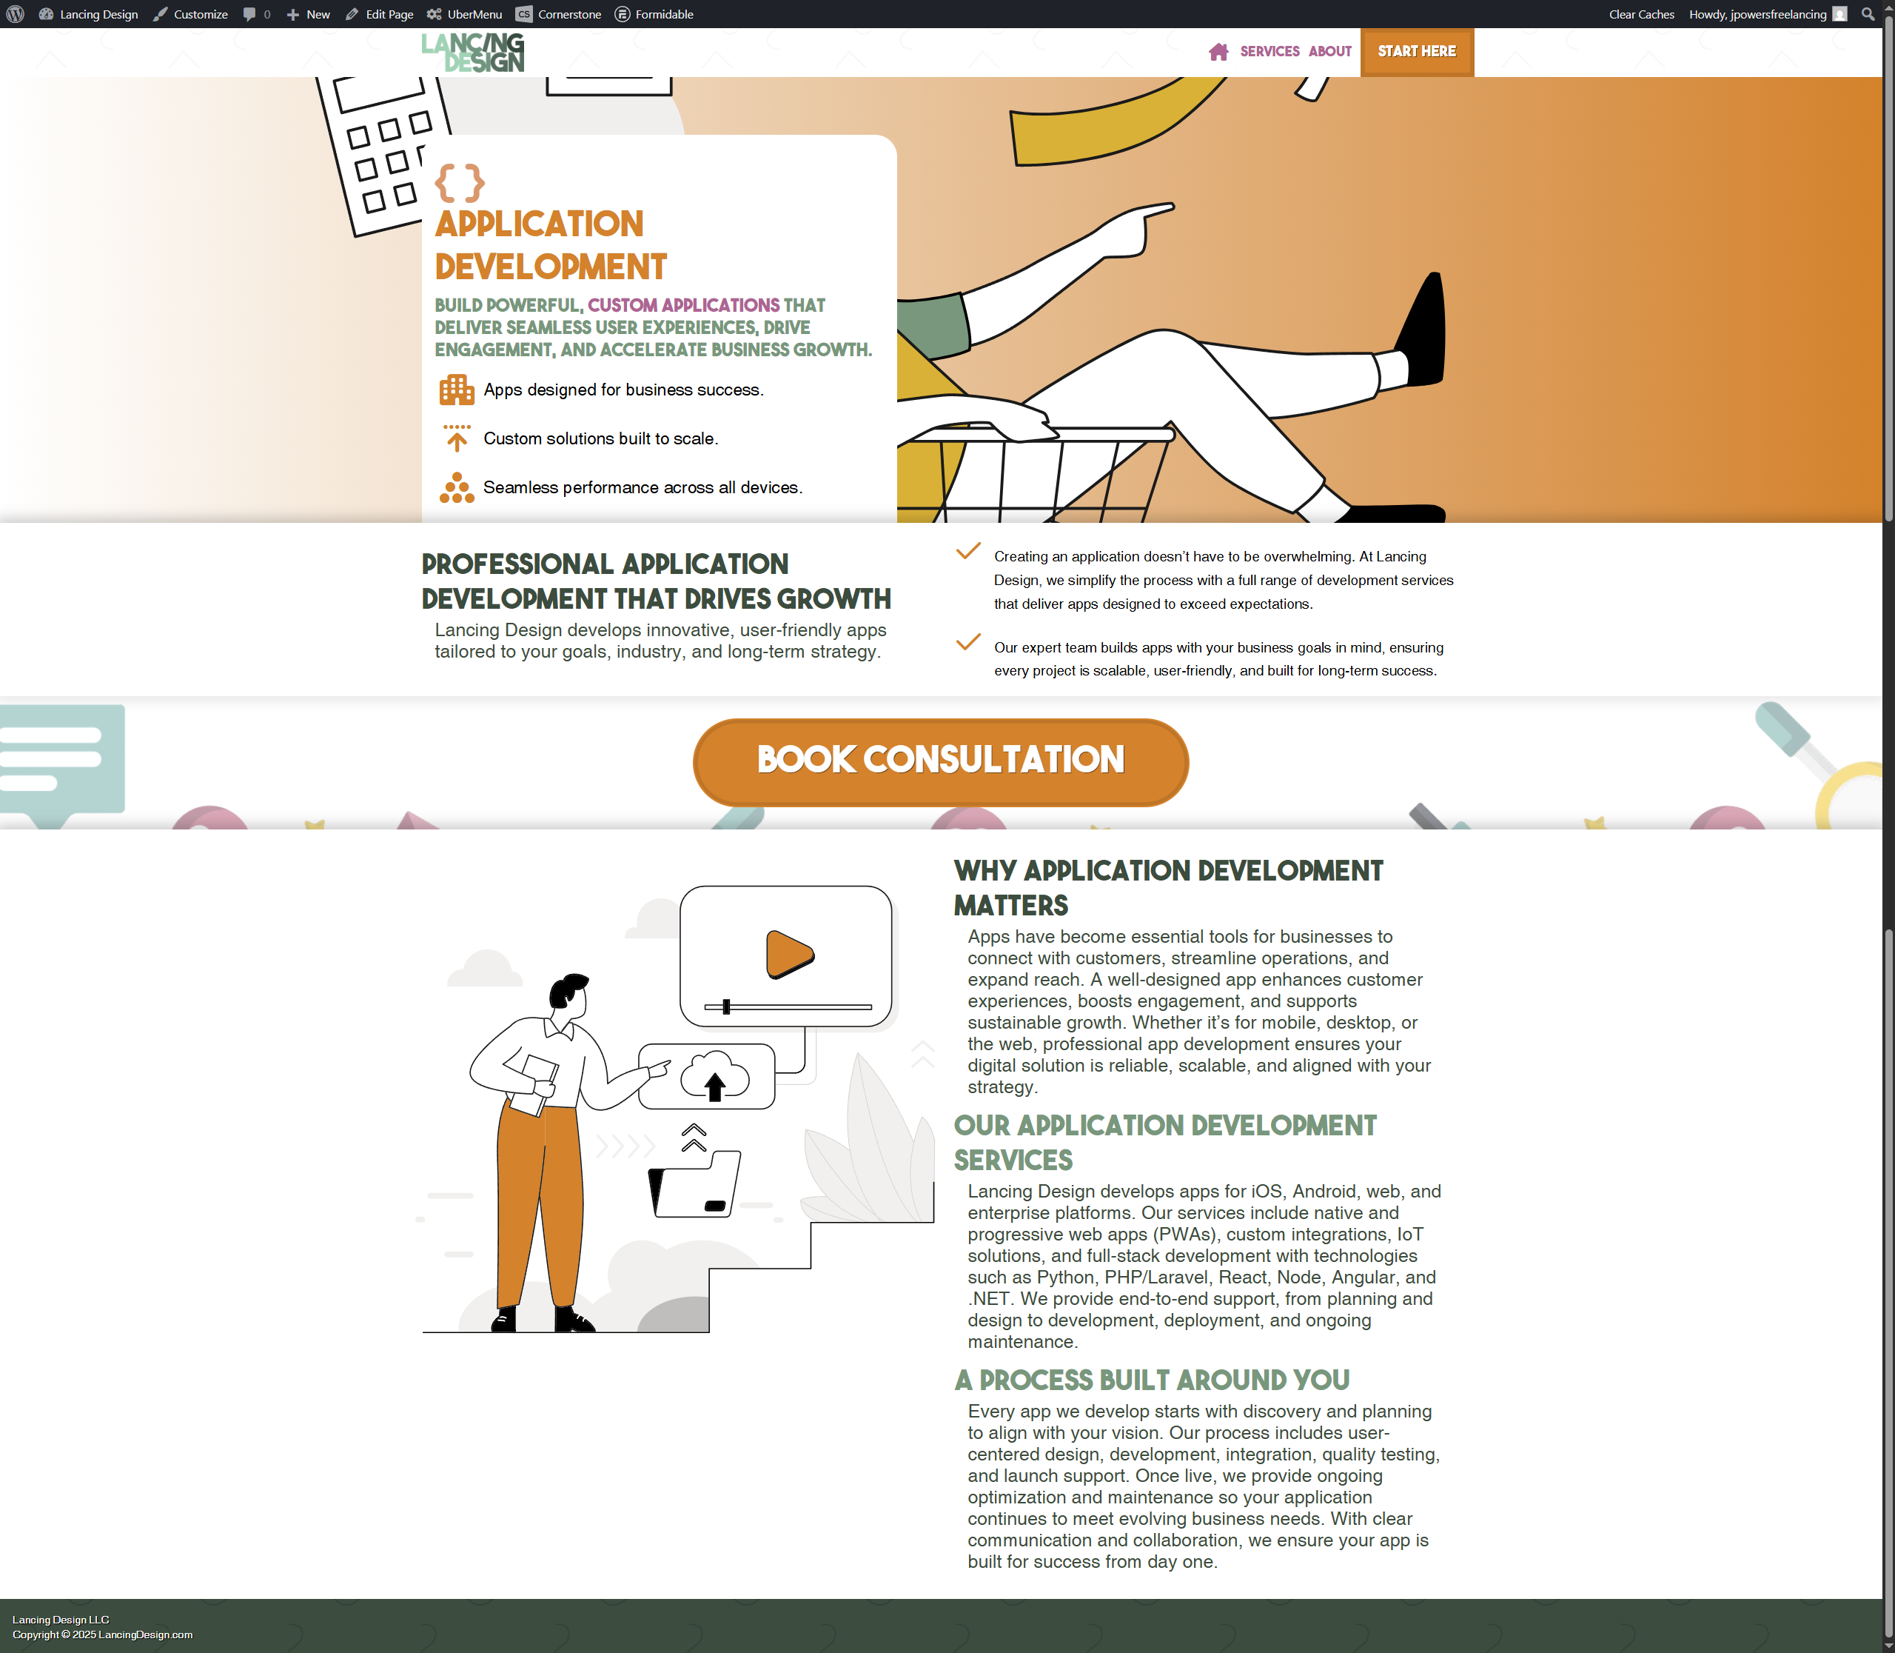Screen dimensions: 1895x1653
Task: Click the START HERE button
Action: point(1416,52)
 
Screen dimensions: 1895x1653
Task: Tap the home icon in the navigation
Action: point(1218,52)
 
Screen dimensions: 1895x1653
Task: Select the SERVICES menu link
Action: point(1269,52)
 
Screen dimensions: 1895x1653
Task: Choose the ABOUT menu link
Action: point(1329,52)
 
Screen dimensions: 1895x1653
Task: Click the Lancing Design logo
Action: point(473,53)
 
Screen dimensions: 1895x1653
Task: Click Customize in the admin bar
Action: point(191,14)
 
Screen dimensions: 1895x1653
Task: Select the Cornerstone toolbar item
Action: point(558,14)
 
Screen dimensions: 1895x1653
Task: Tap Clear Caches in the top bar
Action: point(1641,14)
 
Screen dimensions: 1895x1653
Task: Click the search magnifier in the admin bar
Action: point(1868,14)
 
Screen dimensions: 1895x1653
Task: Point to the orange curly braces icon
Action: point(459,183)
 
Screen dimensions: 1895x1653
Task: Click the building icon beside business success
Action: point(457,390)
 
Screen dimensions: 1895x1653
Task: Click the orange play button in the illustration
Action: point(788,954)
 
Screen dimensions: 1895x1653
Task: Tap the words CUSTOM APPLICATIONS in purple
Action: point(683,305)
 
